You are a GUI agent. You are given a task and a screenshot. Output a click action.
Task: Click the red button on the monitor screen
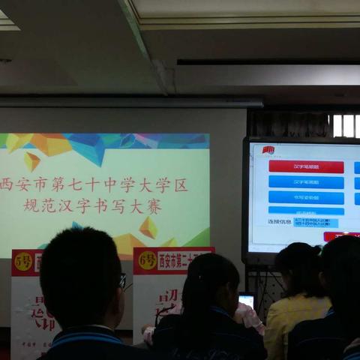(x=306, y=166)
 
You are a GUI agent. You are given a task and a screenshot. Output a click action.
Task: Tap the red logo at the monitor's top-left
(x=268, y=150)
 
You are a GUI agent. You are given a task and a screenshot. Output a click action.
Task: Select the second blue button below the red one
(x=306, y=197)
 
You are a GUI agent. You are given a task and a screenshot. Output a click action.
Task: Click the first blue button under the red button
(x=306, y=182)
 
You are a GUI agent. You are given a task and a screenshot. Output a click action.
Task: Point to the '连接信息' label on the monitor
(x=279, y=222)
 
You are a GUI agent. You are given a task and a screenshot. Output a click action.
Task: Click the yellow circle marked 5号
(x=23, y=262)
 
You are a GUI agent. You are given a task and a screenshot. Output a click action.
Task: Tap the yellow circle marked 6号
(x=147, y=261)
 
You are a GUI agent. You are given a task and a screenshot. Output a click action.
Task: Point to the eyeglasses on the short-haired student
(x=121, y=281)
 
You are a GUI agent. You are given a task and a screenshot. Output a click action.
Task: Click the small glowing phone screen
(x=246, y=301)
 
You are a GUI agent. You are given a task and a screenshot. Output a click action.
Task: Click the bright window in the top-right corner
(x=346, y=125)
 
